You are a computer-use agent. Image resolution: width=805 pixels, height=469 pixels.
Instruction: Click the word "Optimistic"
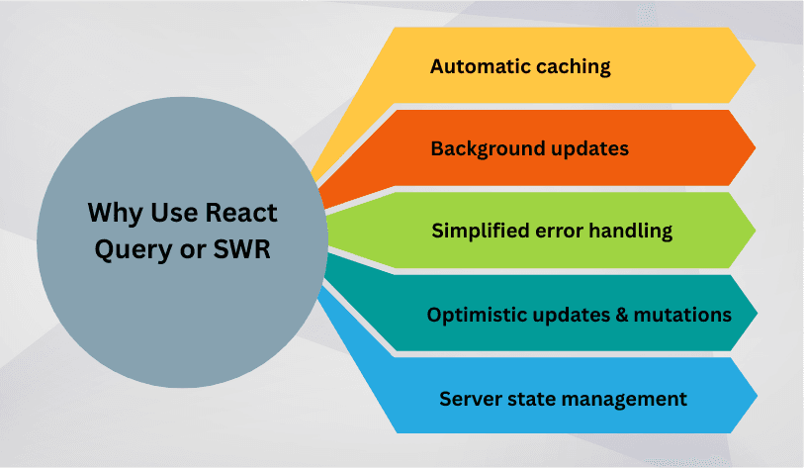(473, 315)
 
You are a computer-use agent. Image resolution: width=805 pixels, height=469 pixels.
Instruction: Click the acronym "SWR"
(240, 249)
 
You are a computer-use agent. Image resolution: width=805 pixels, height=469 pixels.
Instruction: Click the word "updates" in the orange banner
(588, 150)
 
